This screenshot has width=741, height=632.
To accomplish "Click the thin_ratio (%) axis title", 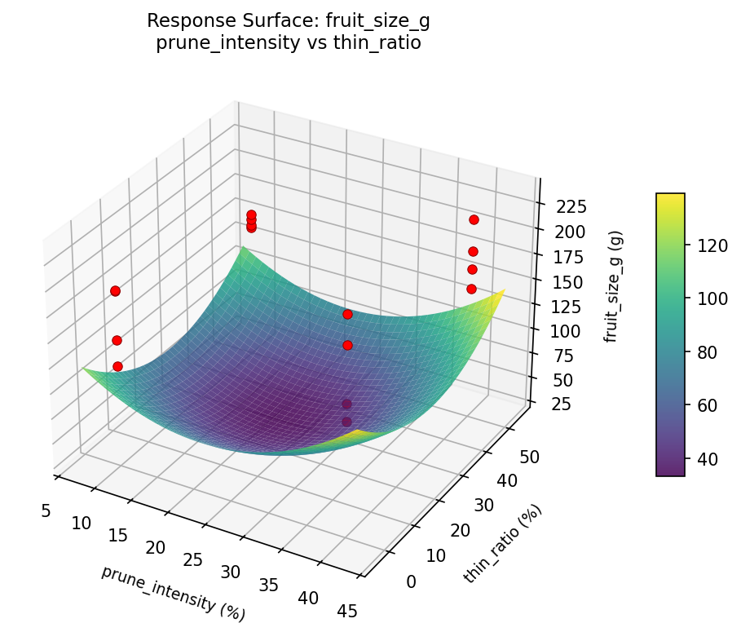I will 502,543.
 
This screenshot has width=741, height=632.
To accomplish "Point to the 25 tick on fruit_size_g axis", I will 554,405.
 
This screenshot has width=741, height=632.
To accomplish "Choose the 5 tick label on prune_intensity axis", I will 45,510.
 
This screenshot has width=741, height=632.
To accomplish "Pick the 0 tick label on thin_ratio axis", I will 411,581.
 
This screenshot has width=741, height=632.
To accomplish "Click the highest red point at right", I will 474,219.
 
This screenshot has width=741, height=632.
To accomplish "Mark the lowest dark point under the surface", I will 346,422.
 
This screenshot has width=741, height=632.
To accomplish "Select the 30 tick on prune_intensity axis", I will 231,572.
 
